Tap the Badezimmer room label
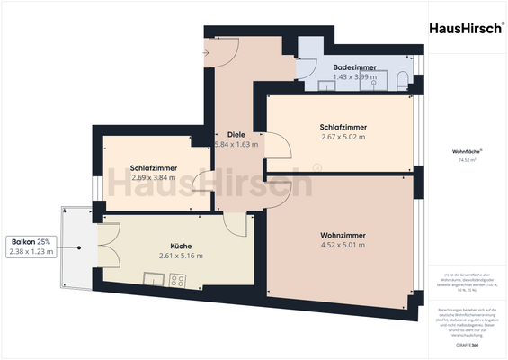[353, 67]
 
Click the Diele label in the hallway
[236, 135]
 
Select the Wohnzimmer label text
[343, 236]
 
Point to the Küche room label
[182, 246]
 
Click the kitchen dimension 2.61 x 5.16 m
[182, 256]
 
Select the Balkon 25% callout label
[31, 242]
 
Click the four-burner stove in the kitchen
[177, 280]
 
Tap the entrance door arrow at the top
[206, 52]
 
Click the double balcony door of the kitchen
[105, 246]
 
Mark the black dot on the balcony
[80, 247]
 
